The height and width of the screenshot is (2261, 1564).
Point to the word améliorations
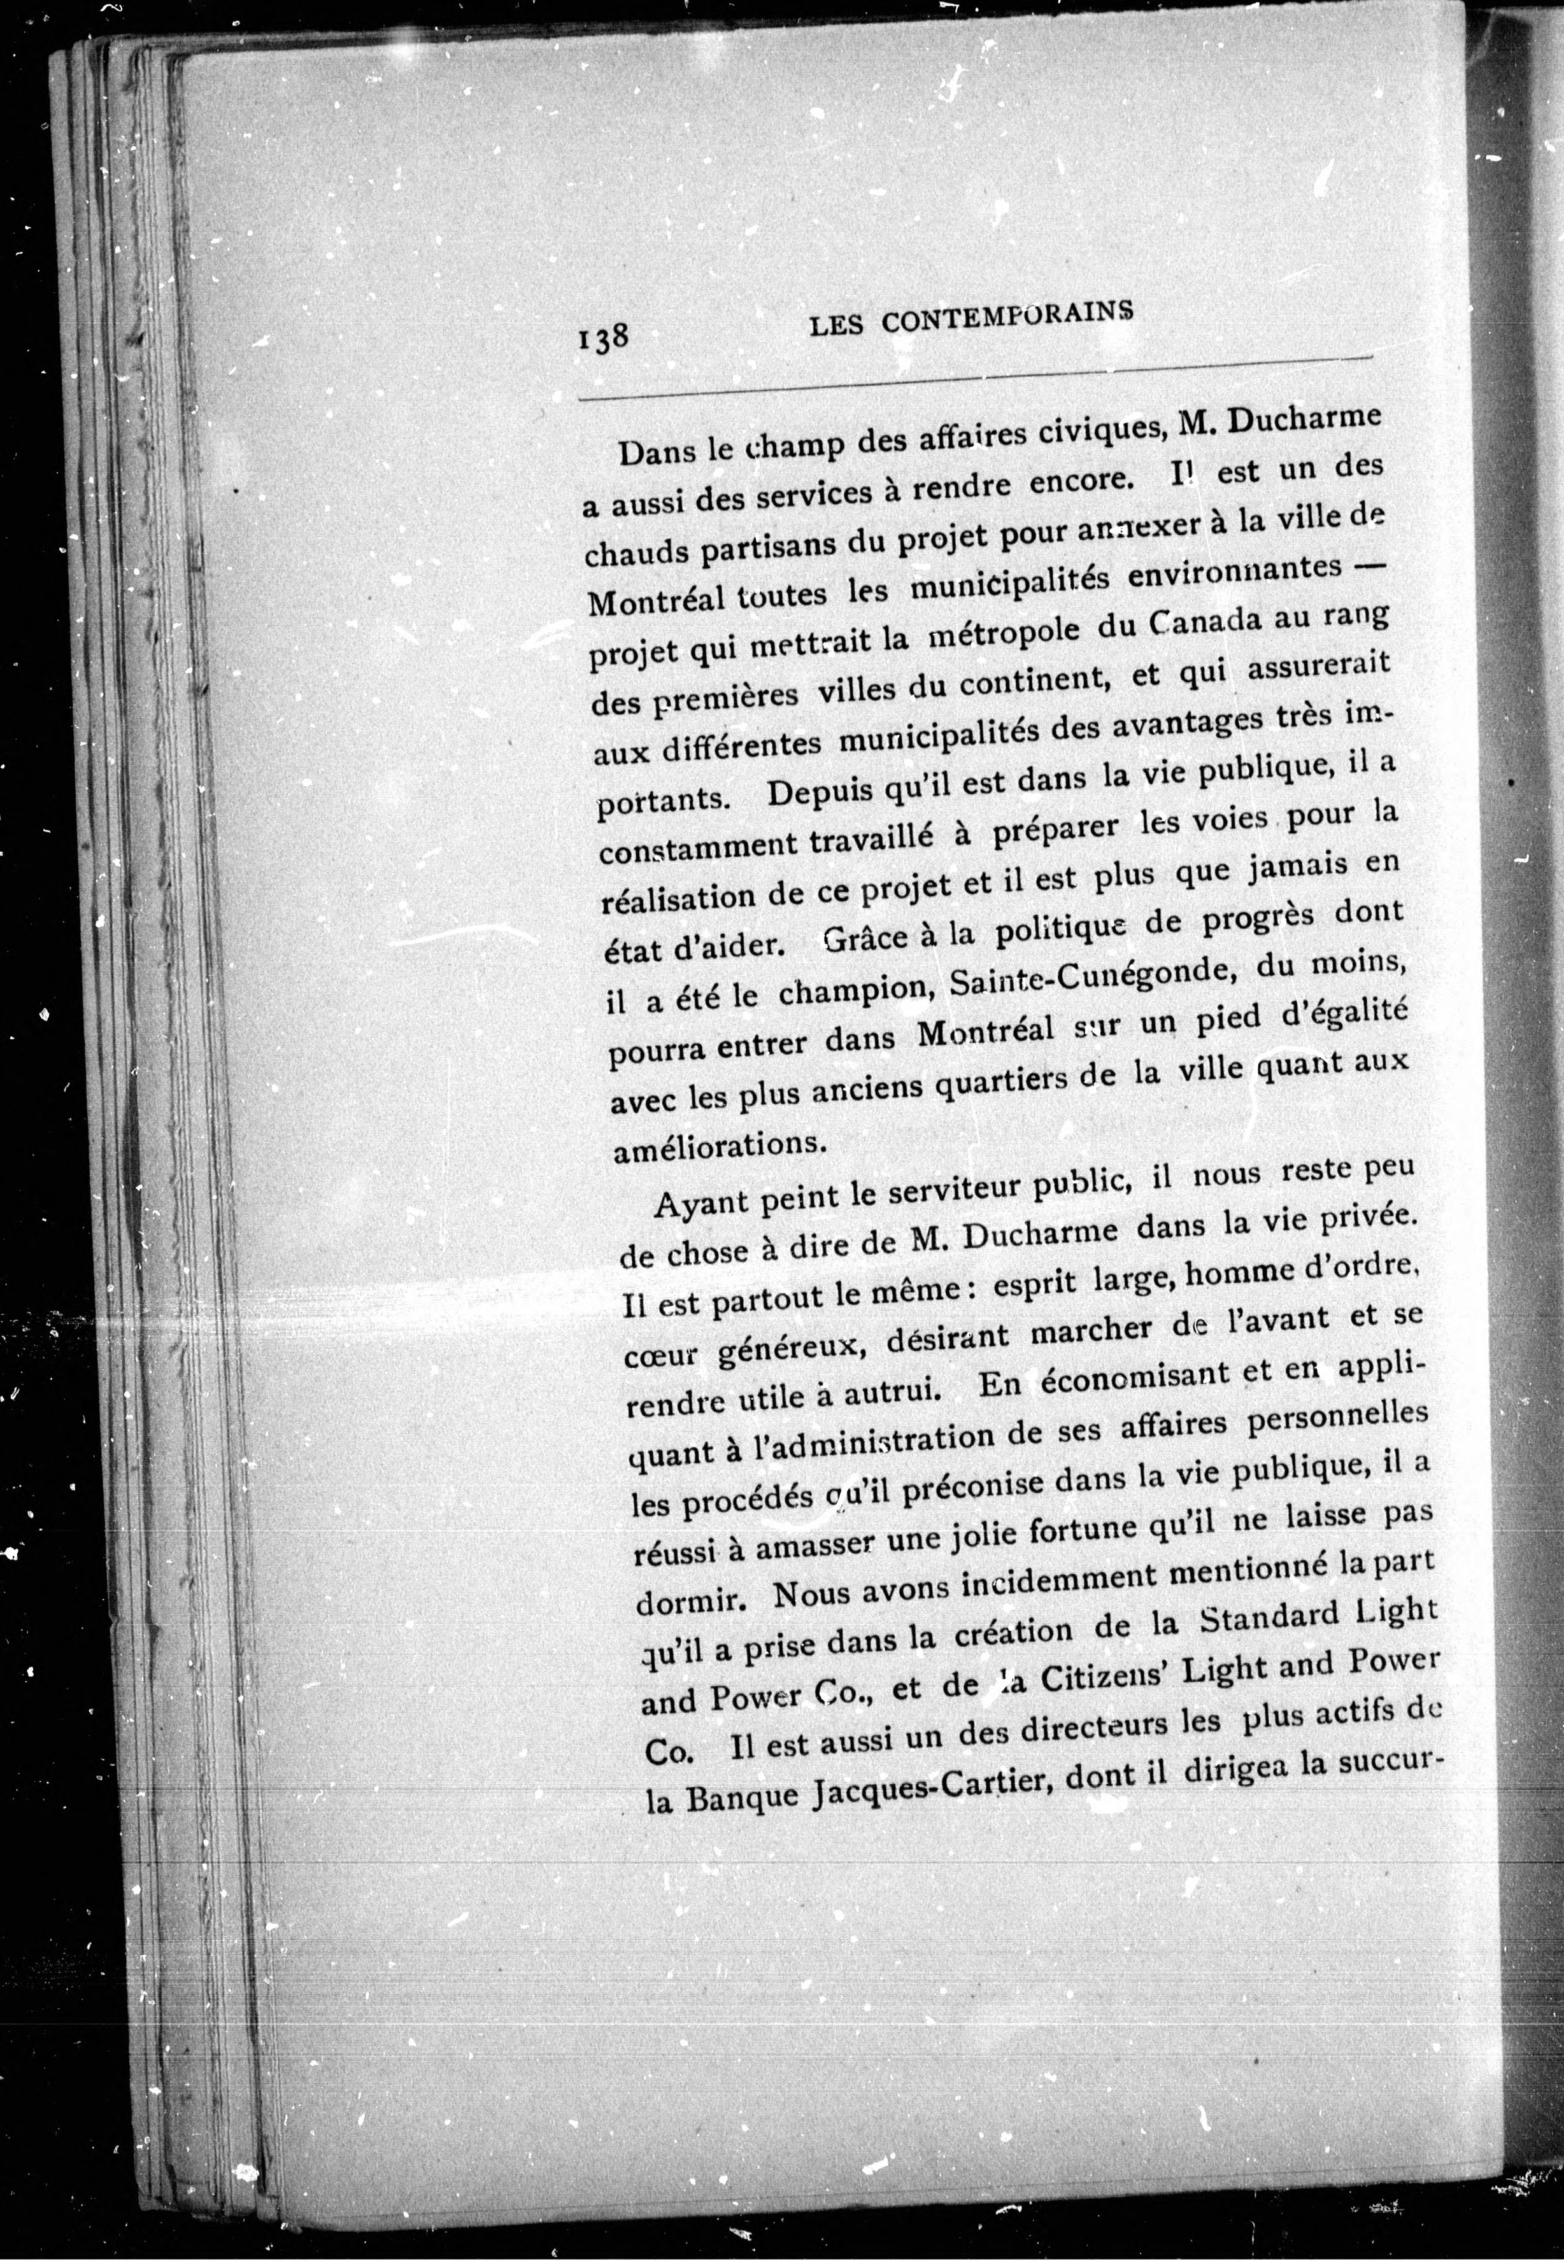(714, 1147)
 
